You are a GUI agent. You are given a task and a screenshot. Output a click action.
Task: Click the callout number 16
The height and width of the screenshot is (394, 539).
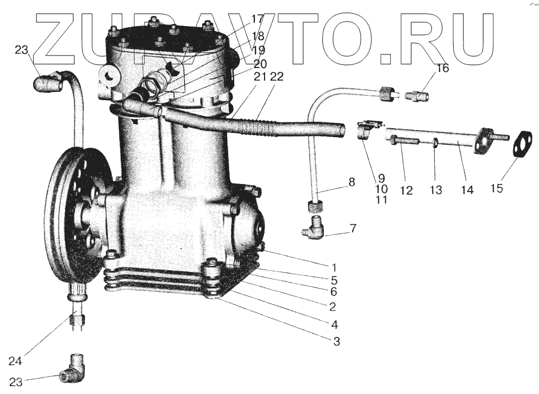[443, 69]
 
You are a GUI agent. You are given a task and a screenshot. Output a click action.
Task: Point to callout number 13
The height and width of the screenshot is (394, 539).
[436, 190]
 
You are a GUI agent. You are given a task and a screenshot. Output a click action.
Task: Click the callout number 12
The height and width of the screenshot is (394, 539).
[406, 190]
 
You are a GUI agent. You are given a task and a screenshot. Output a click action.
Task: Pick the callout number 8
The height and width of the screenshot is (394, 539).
[352, 182]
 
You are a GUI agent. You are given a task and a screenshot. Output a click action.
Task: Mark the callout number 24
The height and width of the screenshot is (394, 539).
[16, 360]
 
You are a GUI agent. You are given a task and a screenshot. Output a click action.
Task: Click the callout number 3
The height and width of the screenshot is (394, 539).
[336, 342]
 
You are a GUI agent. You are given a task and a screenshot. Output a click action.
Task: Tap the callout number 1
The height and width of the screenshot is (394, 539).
[334, 267]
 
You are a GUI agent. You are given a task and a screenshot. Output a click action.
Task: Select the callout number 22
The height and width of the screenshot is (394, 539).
[277, 78]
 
